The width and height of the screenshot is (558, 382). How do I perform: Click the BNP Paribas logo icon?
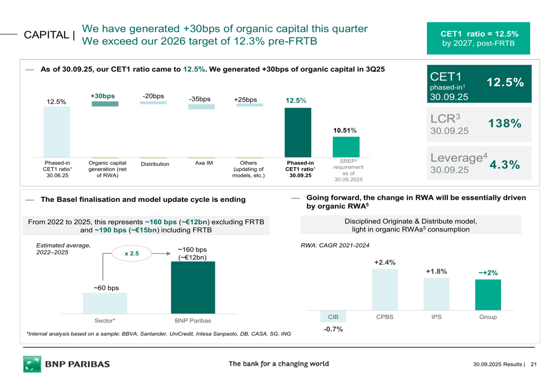pyautogui.click(x=32, y=364)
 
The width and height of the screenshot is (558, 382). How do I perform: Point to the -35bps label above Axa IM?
pyautogui.click(x=200, y=99)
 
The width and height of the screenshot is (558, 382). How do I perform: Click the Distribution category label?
pyautogui.click(x=155, y=164)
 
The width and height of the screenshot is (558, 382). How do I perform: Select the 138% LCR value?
pyautogui.click(x=505, y=124)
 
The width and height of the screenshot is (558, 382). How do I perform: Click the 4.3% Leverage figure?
pyautogui.click(x=504, y=165)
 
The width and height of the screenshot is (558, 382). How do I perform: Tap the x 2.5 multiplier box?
pyautogui.click(x=132, y=254)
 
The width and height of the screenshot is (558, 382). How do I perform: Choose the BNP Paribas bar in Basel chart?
pyautogui.click(x=193, y=287)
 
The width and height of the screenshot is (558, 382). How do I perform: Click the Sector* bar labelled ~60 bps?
pyautogui.click(x=105, y=303)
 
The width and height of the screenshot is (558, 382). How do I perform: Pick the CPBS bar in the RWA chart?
pyautogui.click(x=384, y=289)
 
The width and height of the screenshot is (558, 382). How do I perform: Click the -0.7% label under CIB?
pyautogui.click(x=333, y=330)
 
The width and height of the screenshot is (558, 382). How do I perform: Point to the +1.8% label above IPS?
pyautogui.click(x=436, y=271)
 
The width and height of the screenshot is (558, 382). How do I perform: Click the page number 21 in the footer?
pyautogui.click(x=533, y=365)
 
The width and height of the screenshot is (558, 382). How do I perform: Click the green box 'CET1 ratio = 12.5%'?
pyautogui.click(x=479, y=38)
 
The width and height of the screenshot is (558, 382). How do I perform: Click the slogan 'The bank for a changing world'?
pyautogui.click(x=278, y=364)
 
